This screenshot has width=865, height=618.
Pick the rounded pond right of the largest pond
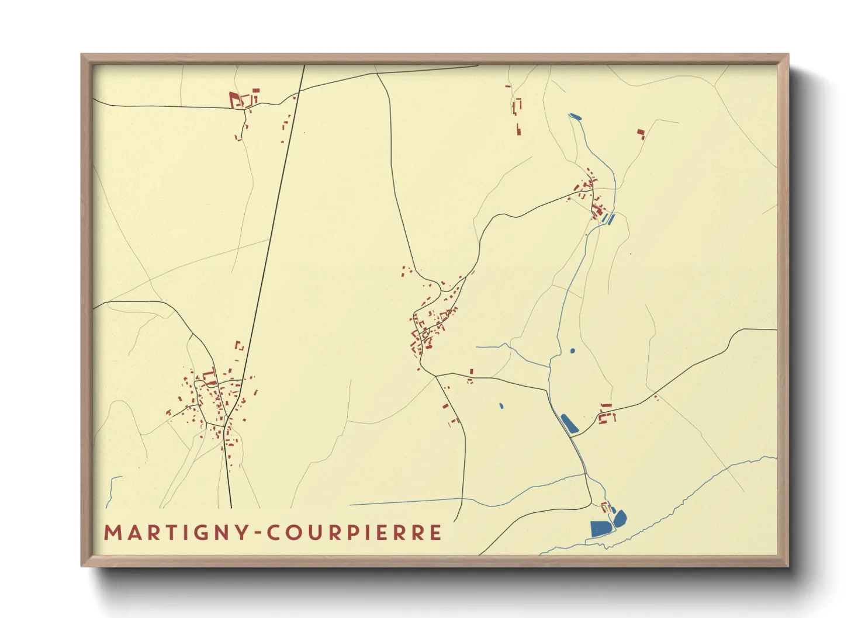point(620,518)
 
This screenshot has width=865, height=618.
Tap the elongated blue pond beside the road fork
point(569,423)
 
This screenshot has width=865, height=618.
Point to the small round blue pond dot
point(572,351)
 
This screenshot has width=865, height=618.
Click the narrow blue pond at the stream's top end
point(575,117)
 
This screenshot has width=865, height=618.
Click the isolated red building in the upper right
point(641,134)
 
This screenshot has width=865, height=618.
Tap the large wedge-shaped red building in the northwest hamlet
point(235,100)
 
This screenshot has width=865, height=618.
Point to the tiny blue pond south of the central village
point(501,405)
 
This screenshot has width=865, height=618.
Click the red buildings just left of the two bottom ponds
point(605,506)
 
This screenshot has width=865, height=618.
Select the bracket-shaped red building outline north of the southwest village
point(238,346)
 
